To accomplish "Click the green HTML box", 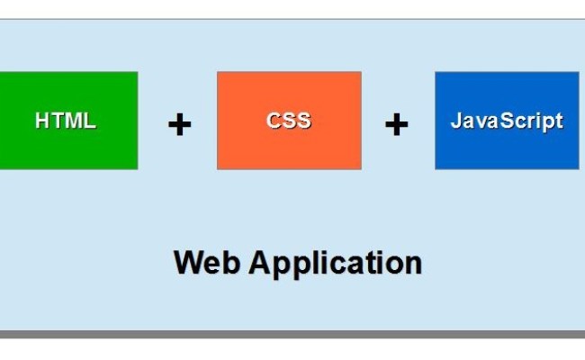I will pos(67,121).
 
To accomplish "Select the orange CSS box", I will pos(289,121).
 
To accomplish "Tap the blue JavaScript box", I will pos(507,121).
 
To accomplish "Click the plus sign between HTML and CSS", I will pos(180,124).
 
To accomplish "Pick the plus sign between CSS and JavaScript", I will pos(396,124).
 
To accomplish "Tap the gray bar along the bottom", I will pos(292,335).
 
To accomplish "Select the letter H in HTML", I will pos(41,121).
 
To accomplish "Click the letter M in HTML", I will pos(72,121).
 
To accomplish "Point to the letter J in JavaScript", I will pos(455,121).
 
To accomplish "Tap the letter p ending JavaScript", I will pos(551,122).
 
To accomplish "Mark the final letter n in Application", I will pos(413,265).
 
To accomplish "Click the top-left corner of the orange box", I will pos(219,74).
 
